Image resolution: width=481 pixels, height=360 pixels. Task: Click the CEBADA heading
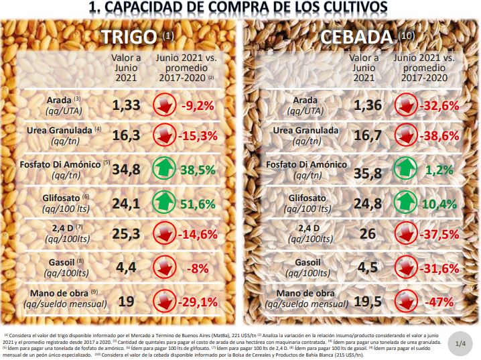(x=358, y=38)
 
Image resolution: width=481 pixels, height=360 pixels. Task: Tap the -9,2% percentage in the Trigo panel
(x=196, y=105)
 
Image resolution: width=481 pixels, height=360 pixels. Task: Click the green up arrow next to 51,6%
(x=165, y=202)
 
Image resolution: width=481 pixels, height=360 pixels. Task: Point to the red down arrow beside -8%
(x=165, y=267)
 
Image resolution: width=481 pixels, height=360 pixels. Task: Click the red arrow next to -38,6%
(x=405, y=137)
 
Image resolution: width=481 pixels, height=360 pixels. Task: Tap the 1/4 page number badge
(x=460, y=344)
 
